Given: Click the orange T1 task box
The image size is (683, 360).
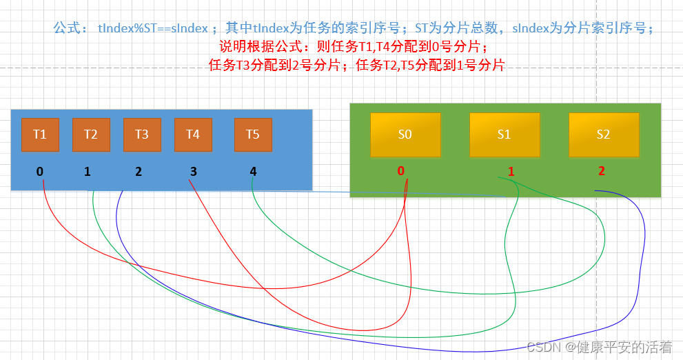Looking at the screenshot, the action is click(x=40, y=134).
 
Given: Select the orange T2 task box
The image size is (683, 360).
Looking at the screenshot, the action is click(x=91, y=134).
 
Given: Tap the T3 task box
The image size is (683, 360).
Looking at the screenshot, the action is click(x=142, y=134).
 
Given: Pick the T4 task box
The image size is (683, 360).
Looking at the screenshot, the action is click(x=193, y=134).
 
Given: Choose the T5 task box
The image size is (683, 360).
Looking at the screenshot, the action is click(x=253, y=134).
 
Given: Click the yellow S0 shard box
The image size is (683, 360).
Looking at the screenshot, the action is click(x=405, y=134).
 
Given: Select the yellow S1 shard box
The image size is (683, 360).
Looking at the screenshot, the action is click(x=504, y=134).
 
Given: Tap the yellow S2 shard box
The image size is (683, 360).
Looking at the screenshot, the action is click(x=603, y=134).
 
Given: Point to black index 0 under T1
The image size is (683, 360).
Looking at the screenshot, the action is click(x=40, y=171).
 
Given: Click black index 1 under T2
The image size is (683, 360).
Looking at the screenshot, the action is click(x=88, y=171).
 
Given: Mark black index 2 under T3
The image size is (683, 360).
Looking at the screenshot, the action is click(x=139, y=171).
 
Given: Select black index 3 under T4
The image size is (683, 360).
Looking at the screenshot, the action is click(x=193, y=171).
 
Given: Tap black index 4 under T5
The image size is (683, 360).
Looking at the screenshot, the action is click(x=253, y=171).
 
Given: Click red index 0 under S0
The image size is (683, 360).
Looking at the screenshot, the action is click(x=400, y=171).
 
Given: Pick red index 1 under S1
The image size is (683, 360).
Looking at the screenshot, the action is click(x=511, y=171).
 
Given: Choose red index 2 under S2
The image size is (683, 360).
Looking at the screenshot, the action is click(x=601, y=171).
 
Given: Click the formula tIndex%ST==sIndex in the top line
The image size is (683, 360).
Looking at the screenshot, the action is click(x=153, y=28).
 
